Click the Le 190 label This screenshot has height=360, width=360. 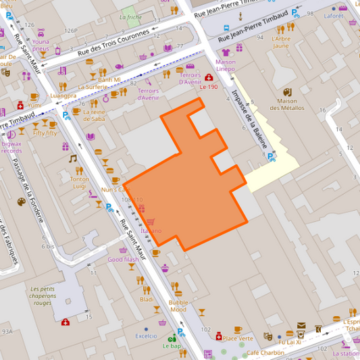(209, 87)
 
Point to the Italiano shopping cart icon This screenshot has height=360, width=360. (151, 222)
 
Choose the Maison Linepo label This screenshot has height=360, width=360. (226, 65)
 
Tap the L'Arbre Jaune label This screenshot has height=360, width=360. (280, 42)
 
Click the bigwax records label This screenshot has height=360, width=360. (11, 147)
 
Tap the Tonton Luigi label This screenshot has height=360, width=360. (80, 182)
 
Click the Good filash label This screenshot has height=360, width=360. (123, 259)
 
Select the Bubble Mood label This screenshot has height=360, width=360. (178, 306)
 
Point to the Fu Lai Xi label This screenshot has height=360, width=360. (290, 342)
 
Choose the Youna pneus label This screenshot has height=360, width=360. (41, 45)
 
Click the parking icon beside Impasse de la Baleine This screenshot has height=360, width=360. (271, 157)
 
